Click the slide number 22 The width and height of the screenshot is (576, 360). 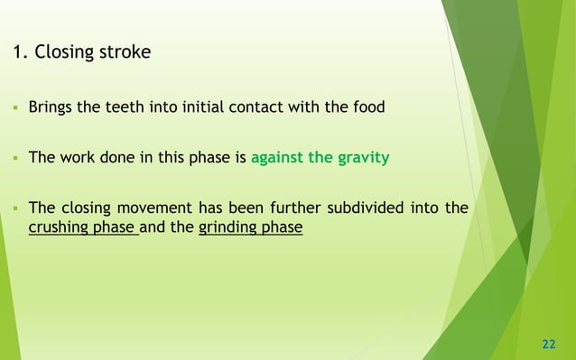(548, 344)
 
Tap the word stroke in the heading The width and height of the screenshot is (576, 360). (125, 52)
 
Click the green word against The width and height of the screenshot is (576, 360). (277, 158)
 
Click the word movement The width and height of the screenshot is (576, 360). (151, 208)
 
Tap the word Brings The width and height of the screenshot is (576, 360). (49, 107)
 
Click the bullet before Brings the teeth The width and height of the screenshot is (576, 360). (15, 108)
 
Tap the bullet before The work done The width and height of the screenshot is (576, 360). (15, 159)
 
